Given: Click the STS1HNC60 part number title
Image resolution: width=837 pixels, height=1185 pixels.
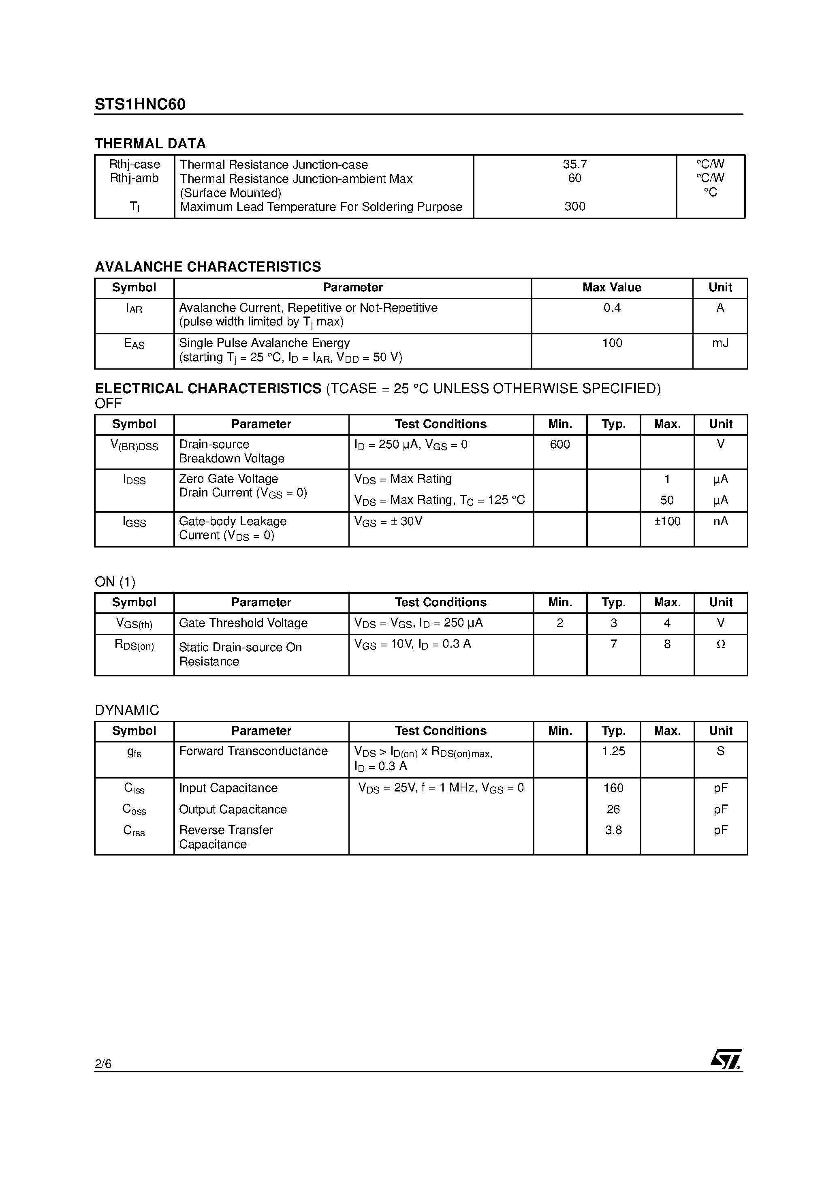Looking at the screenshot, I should [140, 105].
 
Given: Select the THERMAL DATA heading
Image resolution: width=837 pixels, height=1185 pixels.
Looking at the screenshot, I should [150, 143].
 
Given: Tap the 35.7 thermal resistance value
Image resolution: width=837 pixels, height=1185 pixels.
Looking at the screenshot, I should [575, 164].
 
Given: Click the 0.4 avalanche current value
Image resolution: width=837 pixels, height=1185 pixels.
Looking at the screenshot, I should [612, 308].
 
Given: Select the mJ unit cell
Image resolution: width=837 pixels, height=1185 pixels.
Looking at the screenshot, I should [720, 343].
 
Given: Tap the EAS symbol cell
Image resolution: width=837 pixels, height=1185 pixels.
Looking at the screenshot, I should [134, 344].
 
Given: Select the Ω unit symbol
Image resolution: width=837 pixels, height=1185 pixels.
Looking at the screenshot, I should [720, 644].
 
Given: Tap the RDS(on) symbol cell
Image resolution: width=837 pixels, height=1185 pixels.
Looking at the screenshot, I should [134, 645].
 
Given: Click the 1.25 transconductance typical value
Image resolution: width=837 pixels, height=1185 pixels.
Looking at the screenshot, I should [613, 751].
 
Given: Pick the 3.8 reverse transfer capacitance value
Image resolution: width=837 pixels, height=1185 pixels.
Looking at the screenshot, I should [613, 830].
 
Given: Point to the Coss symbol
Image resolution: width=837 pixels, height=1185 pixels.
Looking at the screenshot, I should [134, 809].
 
